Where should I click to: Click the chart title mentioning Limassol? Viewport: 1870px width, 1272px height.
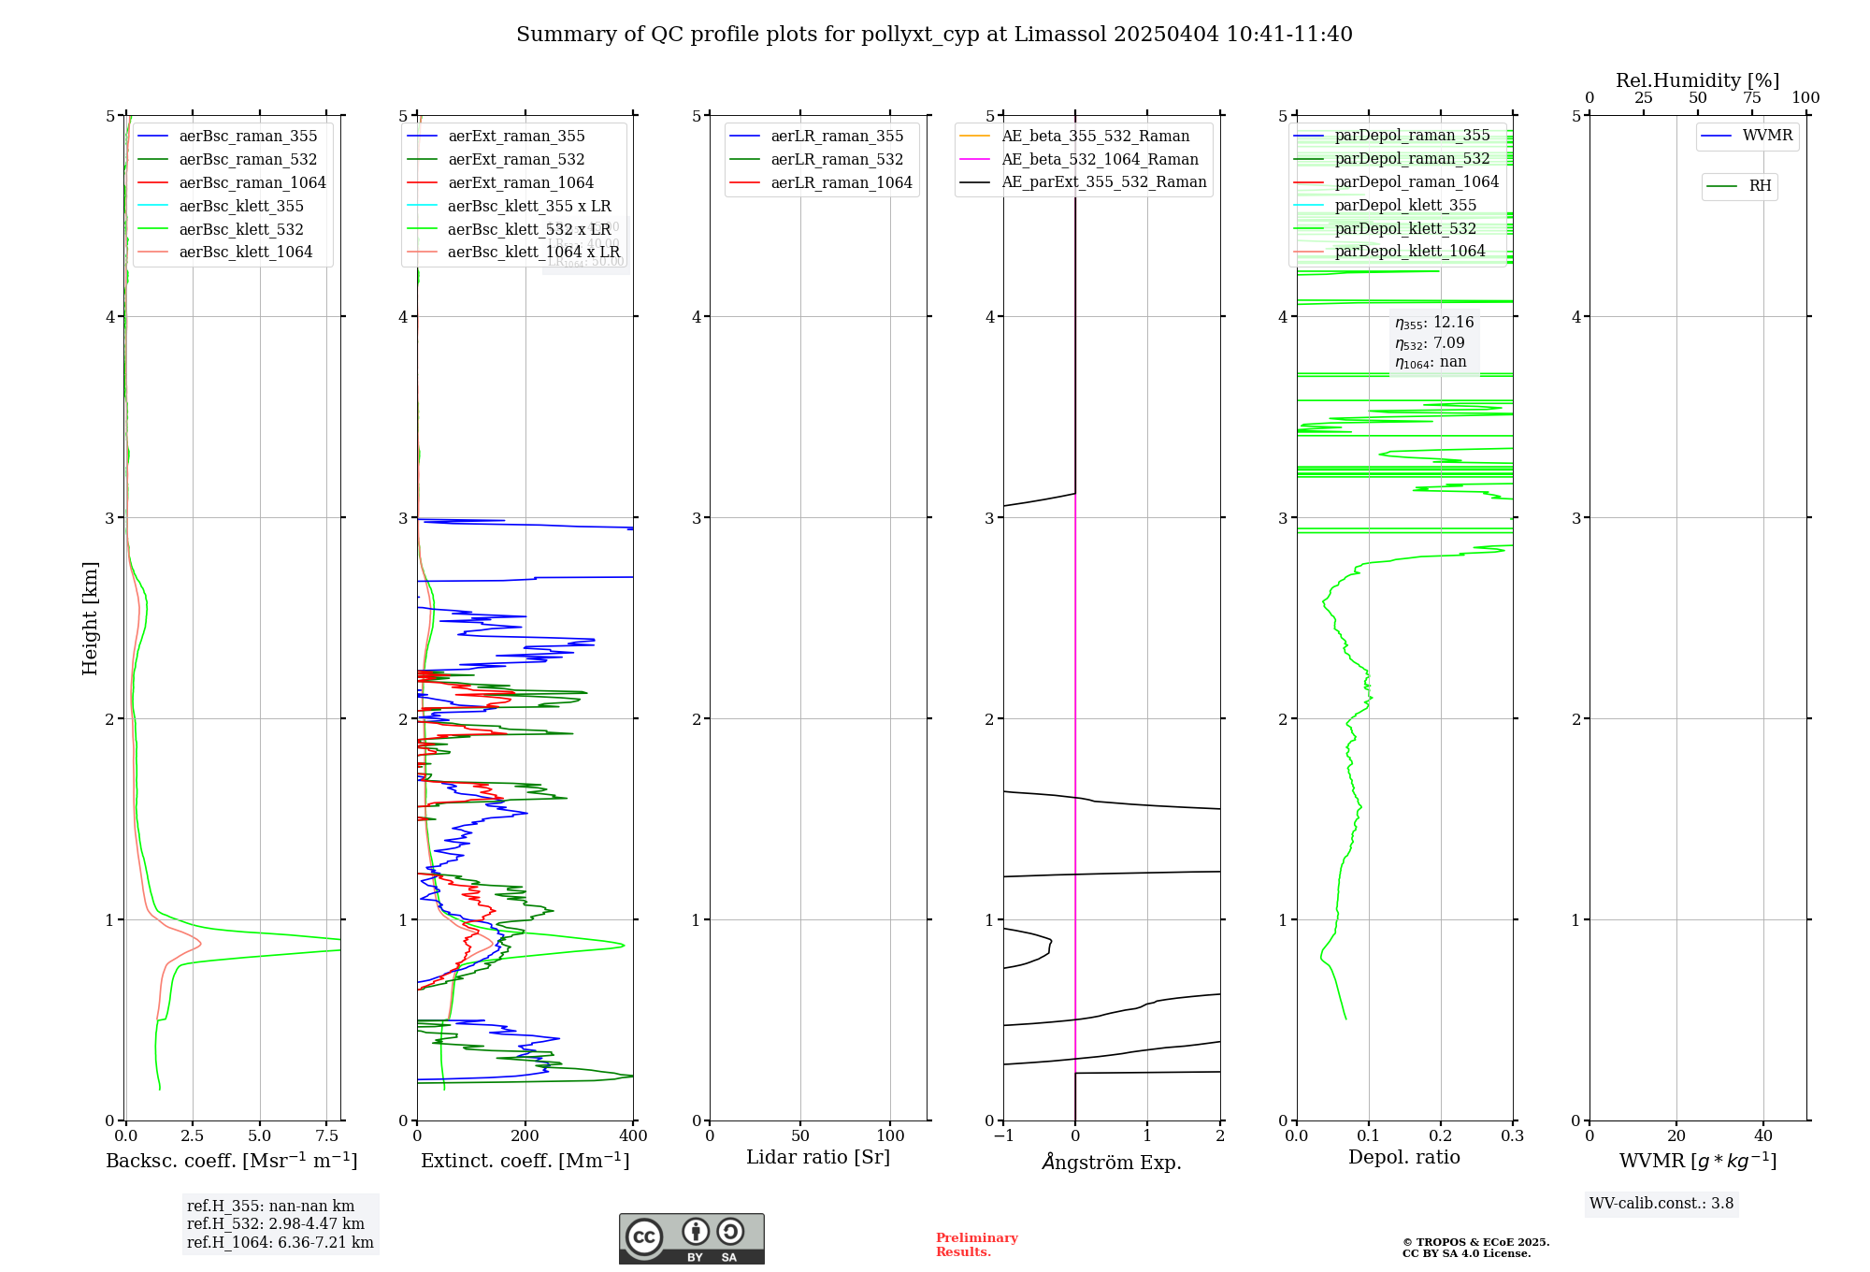[x=934, y=35]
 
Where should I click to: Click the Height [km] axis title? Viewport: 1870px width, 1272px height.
[x=90, y=618]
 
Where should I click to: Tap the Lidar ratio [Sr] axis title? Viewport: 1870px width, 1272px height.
[x=818, y=1158]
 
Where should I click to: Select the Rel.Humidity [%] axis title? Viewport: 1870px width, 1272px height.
[x=1697, y=80]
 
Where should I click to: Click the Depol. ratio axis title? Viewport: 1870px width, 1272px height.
[x=1403, y=1158]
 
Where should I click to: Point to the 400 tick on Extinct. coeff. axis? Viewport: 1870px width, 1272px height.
[x=633, y=1136]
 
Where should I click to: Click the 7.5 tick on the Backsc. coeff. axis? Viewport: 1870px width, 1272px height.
[x=327, y=1136]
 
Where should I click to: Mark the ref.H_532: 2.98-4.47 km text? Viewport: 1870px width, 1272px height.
[x=275, y=1224]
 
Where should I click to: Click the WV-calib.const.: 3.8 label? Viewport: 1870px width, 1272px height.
[x=1661, y=1204]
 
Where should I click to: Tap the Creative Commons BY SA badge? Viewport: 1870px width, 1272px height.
[x=691, y=1239]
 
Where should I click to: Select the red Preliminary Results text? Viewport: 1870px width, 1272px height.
[x=976, y=1245]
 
